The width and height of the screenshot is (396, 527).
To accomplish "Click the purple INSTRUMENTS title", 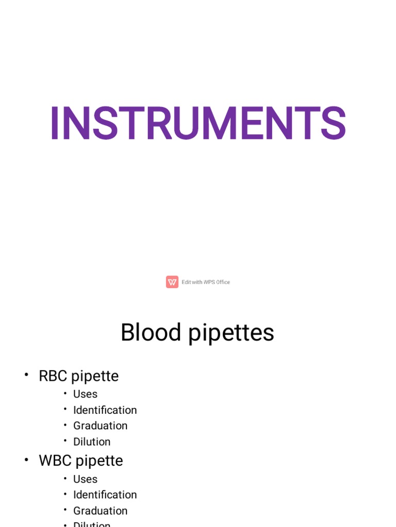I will (198, 124).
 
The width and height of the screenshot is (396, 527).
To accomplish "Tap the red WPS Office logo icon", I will (172, 282).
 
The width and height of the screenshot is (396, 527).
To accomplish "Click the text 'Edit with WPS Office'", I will (206, 282).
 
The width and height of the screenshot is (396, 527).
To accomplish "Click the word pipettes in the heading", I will (230, 333).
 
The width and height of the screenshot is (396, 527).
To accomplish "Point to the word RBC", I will (53, 376).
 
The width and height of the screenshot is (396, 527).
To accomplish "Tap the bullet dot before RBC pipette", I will (26, 375).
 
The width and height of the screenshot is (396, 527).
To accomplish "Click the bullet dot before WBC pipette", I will (26, 460).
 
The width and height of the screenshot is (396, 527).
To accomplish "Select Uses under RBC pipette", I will (85, 394).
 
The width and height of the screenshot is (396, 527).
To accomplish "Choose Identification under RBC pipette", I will (105, 410).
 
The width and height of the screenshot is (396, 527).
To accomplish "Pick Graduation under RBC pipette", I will (100, 426).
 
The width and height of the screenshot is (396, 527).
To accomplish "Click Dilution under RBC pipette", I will (92, 442).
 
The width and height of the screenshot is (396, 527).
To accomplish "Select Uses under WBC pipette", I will (85, 479).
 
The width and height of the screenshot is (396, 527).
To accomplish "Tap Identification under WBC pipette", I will (105, 495).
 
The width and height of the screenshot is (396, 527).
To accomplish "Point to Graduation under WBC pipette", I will (100, 511).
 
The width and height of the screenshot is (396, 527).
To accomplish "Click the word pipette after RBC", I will (95, 377).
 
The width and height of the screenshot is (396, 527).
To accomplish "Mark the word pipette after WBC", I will (99, 461).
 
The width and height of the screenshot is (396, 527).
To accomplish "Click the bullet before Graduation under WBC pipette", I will (65, 510).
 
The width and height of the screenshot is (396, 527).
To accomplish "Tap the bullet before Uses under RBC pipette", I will (65, 393).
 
